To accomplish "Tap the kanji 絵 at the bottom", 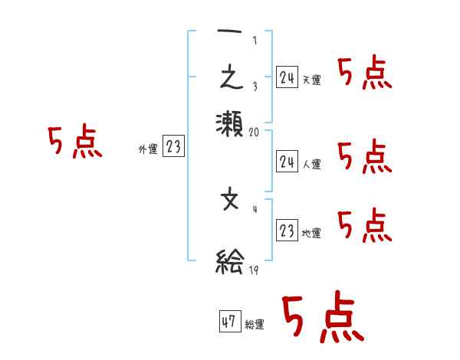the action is point(230,262).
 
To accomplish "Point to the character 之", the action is point(230,80).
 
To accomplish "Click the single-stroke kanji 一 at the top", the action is point(230,39).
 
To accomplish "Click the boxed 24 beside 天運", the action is point(287,77).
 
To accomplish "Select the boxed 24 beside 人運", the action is point(287,162).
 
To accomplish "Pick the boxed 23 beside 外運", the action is point(173,148).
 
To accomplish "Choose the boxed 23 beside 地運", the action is point(287,231).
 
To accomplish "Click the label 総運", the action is point(255,325).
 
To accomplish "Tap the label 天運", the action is point(311,80).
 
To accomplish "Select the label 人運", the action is point(311,164).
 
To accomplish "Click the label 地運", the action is point(311,233).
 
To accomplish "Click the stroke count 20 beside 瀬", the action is point(255,132).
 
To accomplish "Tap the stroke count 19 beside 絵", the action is point(254,270).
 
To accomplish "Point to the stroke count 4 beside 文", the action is point(255,208).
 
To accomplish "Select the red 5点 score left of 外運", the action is point(75,142).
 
